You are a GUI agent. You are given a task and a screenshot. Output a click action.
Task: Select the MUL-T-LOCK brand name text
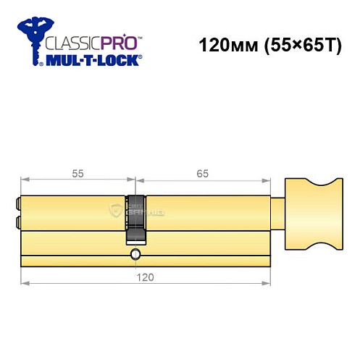94,60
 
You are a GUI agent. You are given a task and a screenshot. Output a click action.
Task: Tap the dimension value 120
148,276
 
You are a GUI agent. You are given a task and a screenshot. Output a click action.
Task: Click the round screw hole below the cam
135,254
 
